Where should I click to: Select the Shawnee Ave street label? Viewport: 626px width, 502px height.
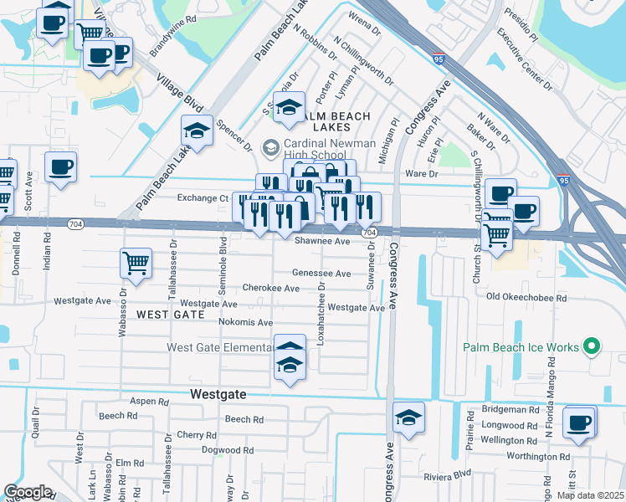point(321,241)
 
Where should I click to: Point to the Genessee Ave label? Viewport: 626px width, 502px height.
point(321,274)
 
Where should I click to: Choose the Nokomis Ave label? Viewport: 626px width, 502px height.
point(245,322)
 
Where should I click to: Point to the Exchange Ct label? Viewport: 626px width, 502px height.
point(203,198)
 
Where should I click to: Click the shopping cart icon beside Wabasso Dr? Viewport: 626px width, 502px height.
point(136,263)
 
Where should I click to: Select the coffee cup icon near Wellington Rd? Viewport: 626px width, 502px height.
point(579,423)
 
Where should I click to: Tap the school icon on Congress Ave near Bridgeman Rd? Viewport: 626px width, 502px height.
point(408,417)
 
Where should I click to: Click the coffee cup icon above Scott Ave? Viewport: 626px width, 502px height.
point(59,166)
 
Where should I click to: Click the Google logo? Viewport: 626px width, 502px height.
point(28,492)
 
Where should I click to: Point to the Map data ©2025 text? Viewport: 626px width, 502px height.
point(590,495)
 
